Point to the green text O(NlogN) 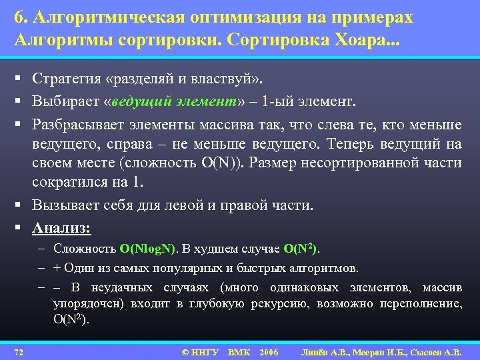[x=147, y=249]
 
